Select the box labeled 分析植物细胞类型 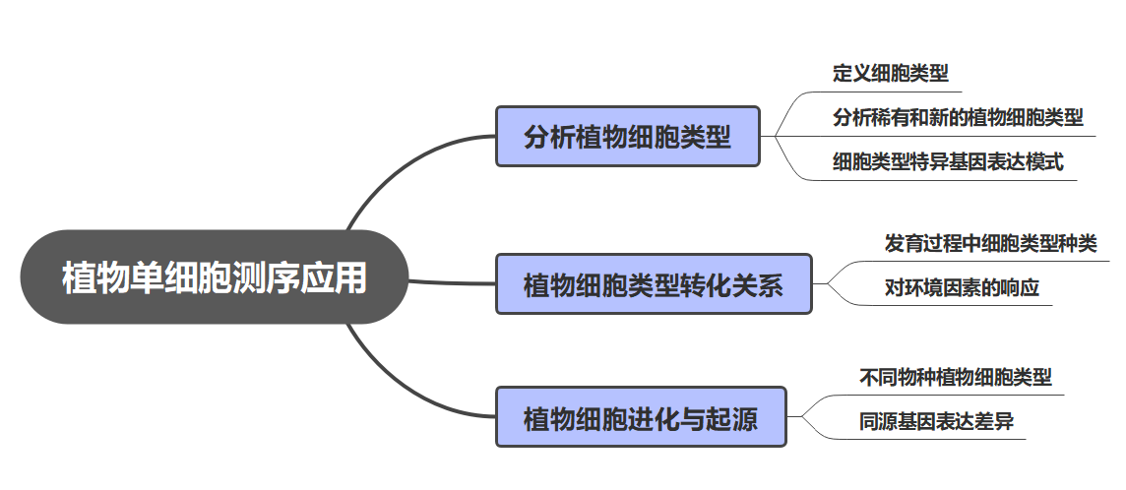[628, 137]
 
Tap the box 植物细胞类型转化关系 [654, 285]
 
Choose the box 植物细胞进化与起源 [641, 417]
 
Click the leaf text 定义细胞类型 [890, 73]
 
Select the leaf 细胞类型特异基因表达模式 [948, 162]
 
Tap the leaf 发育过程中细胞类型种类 [990, 243]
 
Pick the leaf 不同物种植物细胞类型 [955, 377]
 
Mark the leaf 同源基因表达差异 [936, 422]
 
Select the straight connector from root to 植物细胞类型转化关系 [453, 283]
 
